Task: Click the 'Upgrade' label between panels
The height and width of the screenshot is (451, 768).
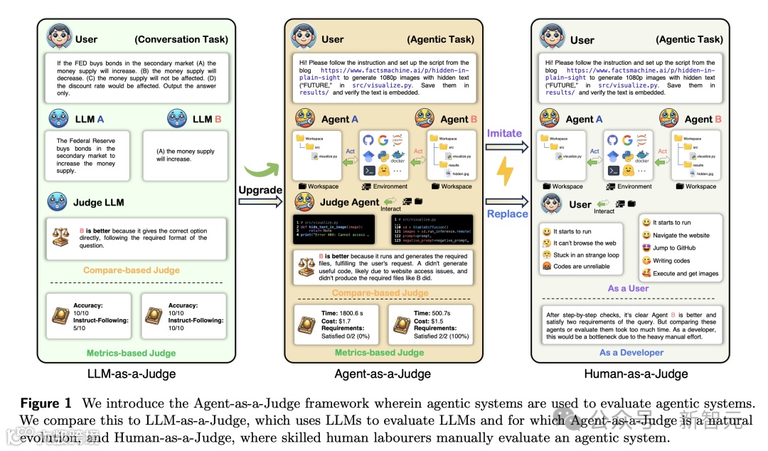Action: point(260,191)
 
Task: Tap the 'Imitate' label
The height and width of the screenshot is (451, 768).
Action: point(504,133)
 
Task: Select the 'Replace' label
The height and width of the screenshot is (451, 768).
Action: point(507,213)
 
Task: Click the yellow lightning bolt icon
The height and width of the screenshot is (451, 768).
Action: point(504,172)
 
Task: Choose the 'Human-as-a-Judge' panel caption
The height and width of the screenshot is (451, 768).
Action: point(636,373)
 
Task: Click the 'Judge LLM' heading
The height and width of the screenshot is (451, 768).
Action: point(98,203)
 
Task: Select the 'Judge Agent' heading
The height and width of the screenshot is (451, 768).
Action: point(349,202)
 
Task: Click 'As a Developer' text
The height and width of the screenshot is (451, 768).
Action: point(630,352)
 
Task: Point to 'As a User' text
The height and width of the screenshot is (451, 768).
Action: point(628,288)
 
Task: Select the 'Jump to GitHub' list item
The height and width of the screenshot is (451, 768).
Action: point(674,248)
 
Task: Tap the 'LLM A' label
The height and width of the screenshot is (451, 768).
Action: point(90,119)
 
